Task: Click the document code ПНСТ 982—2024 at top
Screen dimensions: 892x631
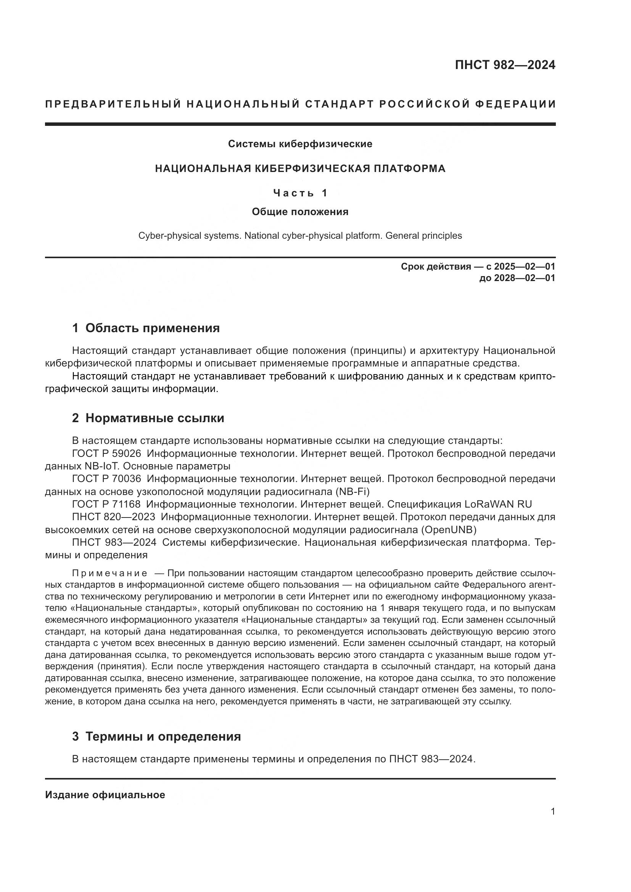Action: pyautogui.click(x=505, y=65)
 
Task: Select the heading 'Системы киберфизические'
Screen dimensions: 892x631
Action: pyautogui.click(x=300, y=144)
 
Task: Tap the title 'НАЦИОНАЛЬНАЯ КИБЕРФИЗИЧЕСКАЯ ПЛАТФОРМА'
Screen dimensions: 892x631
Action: pyautogui.click(x=300, y=169)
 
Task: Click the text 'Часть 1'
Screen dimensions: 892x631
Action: pyautogui.click(x=300, y=193)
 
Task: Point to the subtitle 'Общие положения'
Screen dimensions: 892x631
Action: pyautogui.click(x=300, y=212)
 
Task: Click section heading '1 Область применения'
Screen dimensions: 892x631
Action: pyautogui.click(x=146, y=328)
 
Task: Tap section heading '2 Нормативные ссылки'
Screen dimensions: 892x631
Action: pyautogui.click(x=148, y=418)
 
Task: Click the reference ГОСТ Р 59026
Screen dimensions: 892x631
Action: pyautogui.click(x=106, y=454)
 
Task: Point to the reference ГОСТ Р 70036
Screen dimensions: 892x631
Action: pyautogui.click(x=106, y=479)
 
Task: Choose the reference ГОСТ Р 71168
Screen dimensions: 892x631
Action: pyautogui.click(x=106, y=504)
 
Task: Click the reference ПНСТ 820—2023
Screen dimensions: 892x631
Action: pyautogui.click(x=113, y=517)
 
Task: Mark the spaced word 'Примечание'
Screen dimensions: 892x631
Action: pyautogui.click(x=109, y=574)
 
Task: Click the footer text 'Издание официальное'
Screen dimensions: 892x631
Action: pyautogui.click(x=105, y=795)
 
